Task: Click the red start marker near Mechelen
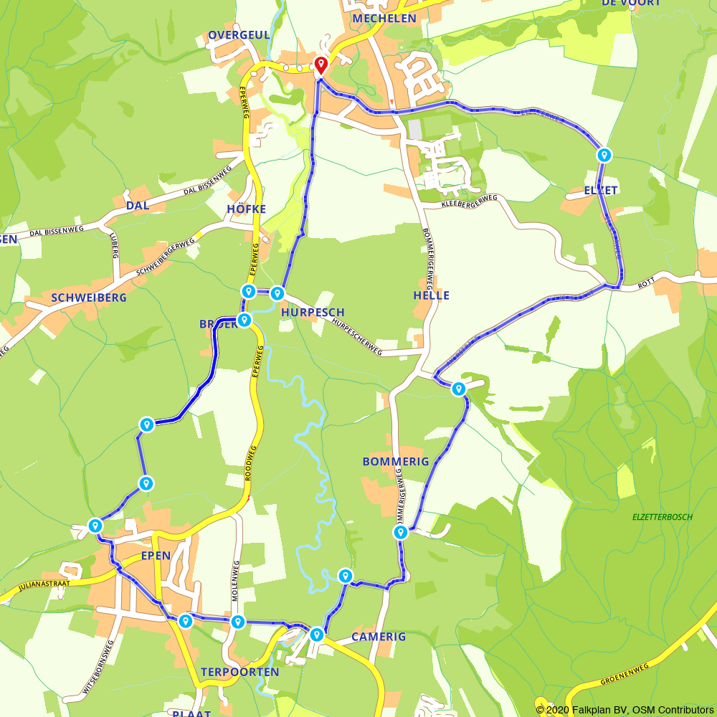click(x=320, y=65)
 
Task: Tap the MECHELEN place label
click(x=384, y=18)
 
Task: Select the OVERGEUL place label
click(x=239, y=35)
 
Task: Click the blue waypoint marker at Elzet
click(x=604, y=155)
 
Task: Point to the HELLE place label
click(x=432, y=295)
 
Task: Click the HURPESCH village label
click(x=313, y=313)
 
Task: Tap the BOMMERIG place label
click(x=396, y=462)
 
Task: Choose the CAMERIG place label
click(x=379, y=637)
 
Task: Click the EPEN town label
click(x=156, y=556)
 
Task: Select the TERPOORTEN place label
click(x=239, y=672)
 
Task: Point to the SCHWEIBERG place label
click(x=89, y=297)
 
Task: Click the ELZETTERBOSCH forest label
click(x=663, y=517)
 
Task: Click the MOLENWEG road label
click(x=234, y=581)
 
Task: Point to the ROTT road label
click(x=647, y=286)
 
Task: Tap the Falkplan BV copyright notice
click(x=625, y=710)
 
